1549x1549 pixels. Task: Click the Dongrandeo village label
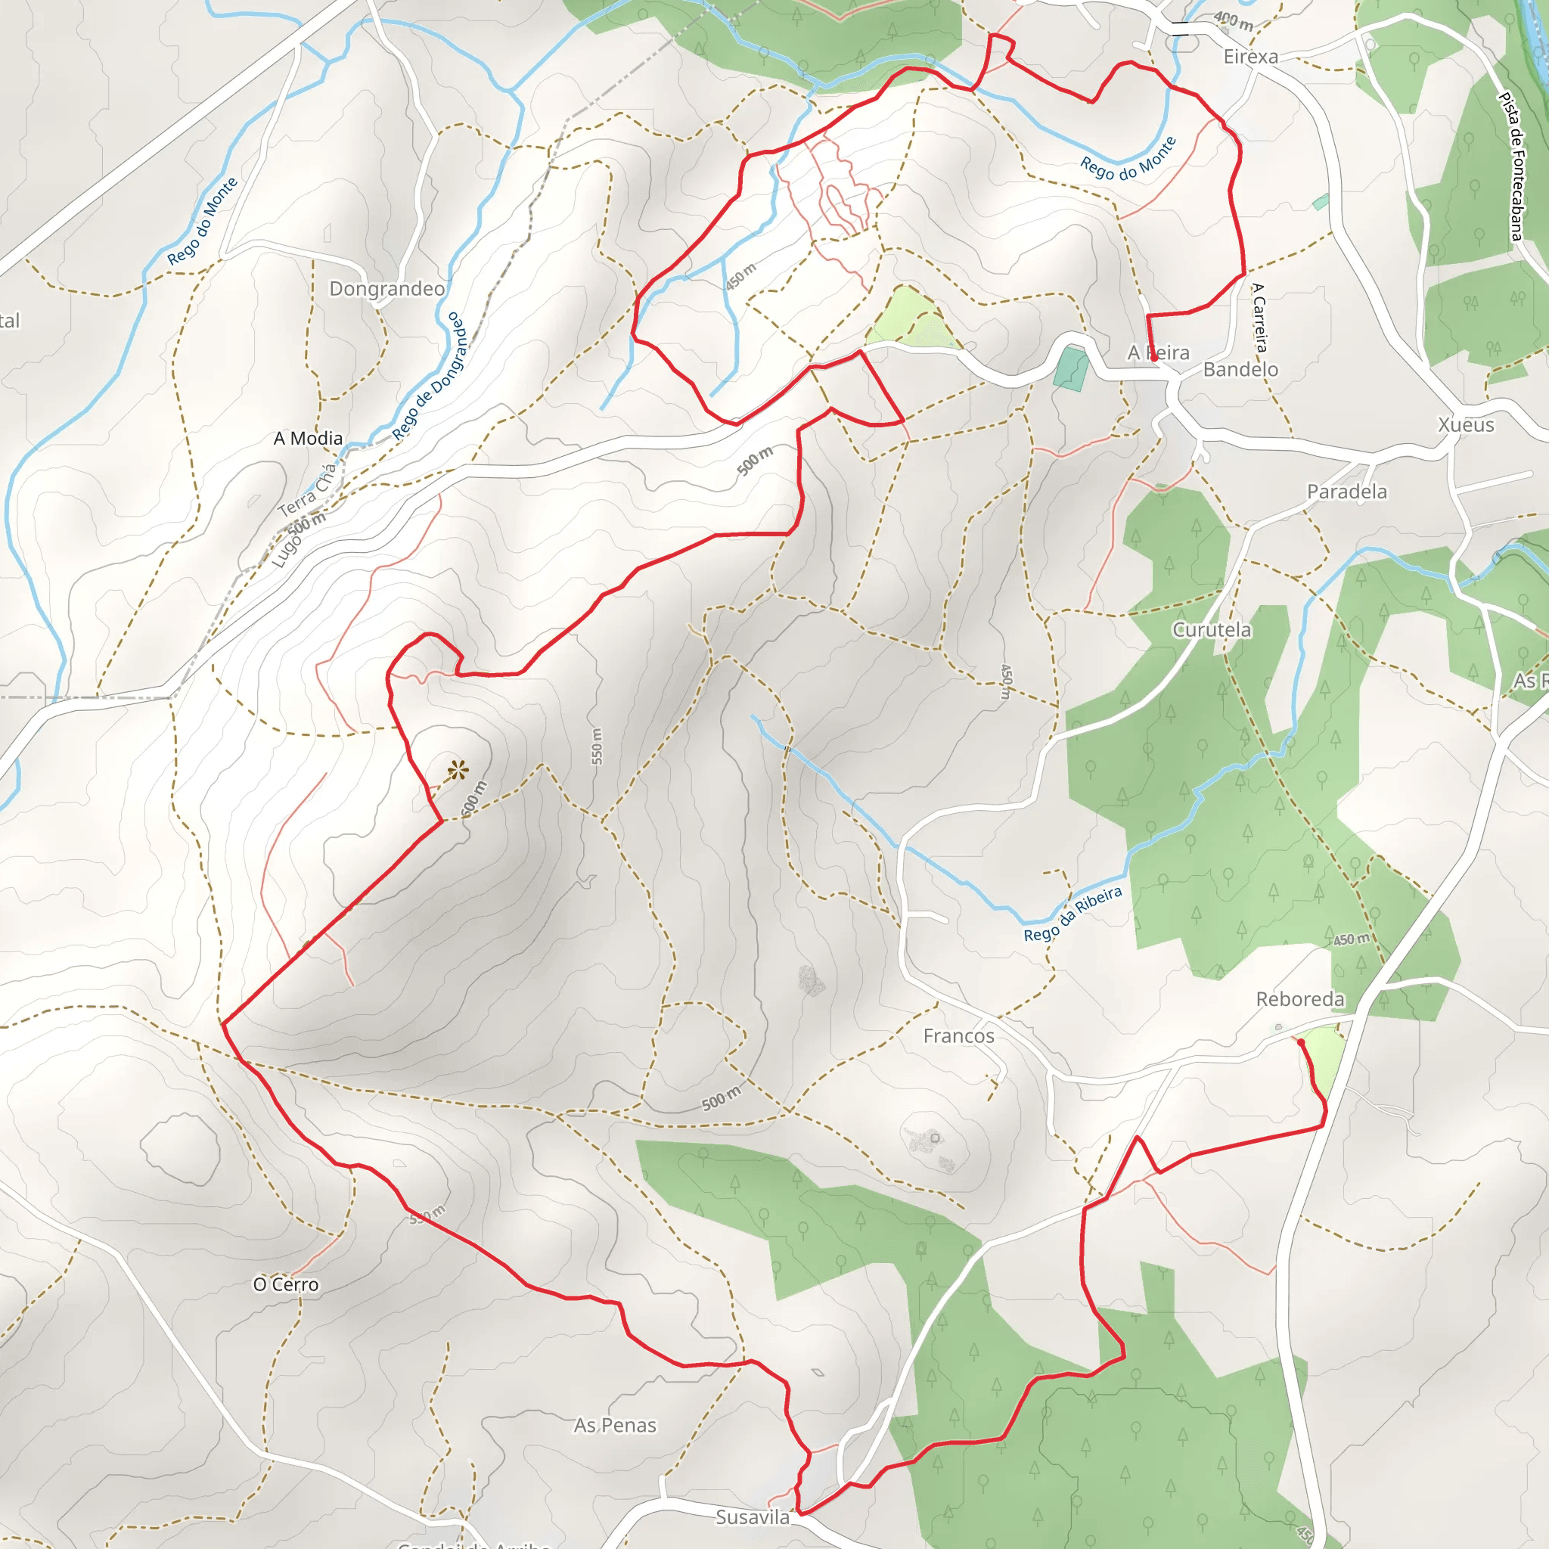[386, 289]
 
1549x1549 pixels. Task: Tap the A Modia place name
[308, 439]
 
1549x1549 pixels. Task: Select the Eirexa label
[1250, 57]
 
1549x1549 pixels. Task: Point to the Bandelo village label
[1240, 370]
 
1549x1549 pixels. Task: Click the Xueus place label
[1466, 425]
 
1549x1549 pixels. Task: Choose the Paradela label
[1346, 492]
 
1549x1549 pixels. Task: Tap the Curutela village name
[1211, 630]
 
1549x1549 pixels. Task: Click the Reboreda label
[1299, 999]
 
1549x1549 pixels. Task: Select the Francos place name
[958, 1036]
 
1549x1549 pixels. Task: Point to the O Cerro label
[285, 1284]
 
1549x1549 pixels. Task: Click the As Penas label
[614, 1425]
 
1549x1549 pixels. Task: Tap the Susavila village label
[752, 1517]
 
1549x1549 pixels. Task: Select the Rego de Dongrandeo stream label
[428, 377]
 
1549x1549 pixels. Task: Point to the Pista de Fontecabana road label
[1510, 166]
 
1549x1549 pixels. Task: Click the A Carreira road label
[1259, 318]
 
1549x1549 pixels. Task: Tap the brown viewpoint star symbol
[458, 771]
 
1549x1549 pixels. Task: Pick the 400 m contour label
[1233, 21]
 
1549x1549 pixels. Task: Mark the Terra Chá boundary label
[307, 490]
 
